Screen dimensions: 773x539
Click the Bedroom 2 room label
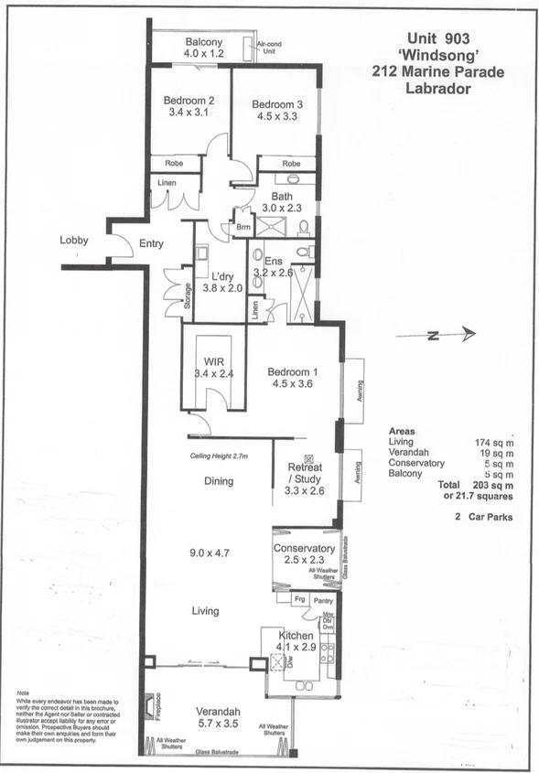189,100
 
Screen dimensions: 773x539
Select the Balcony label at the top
204,42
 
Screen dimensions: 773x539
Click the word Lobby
73,240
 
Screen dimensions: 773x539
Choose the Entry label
151,244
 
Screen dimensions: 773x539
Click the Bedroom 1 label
293,371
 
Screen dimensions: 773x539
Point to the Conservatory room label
305,548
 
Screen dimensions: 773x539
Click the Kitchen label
297,635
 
